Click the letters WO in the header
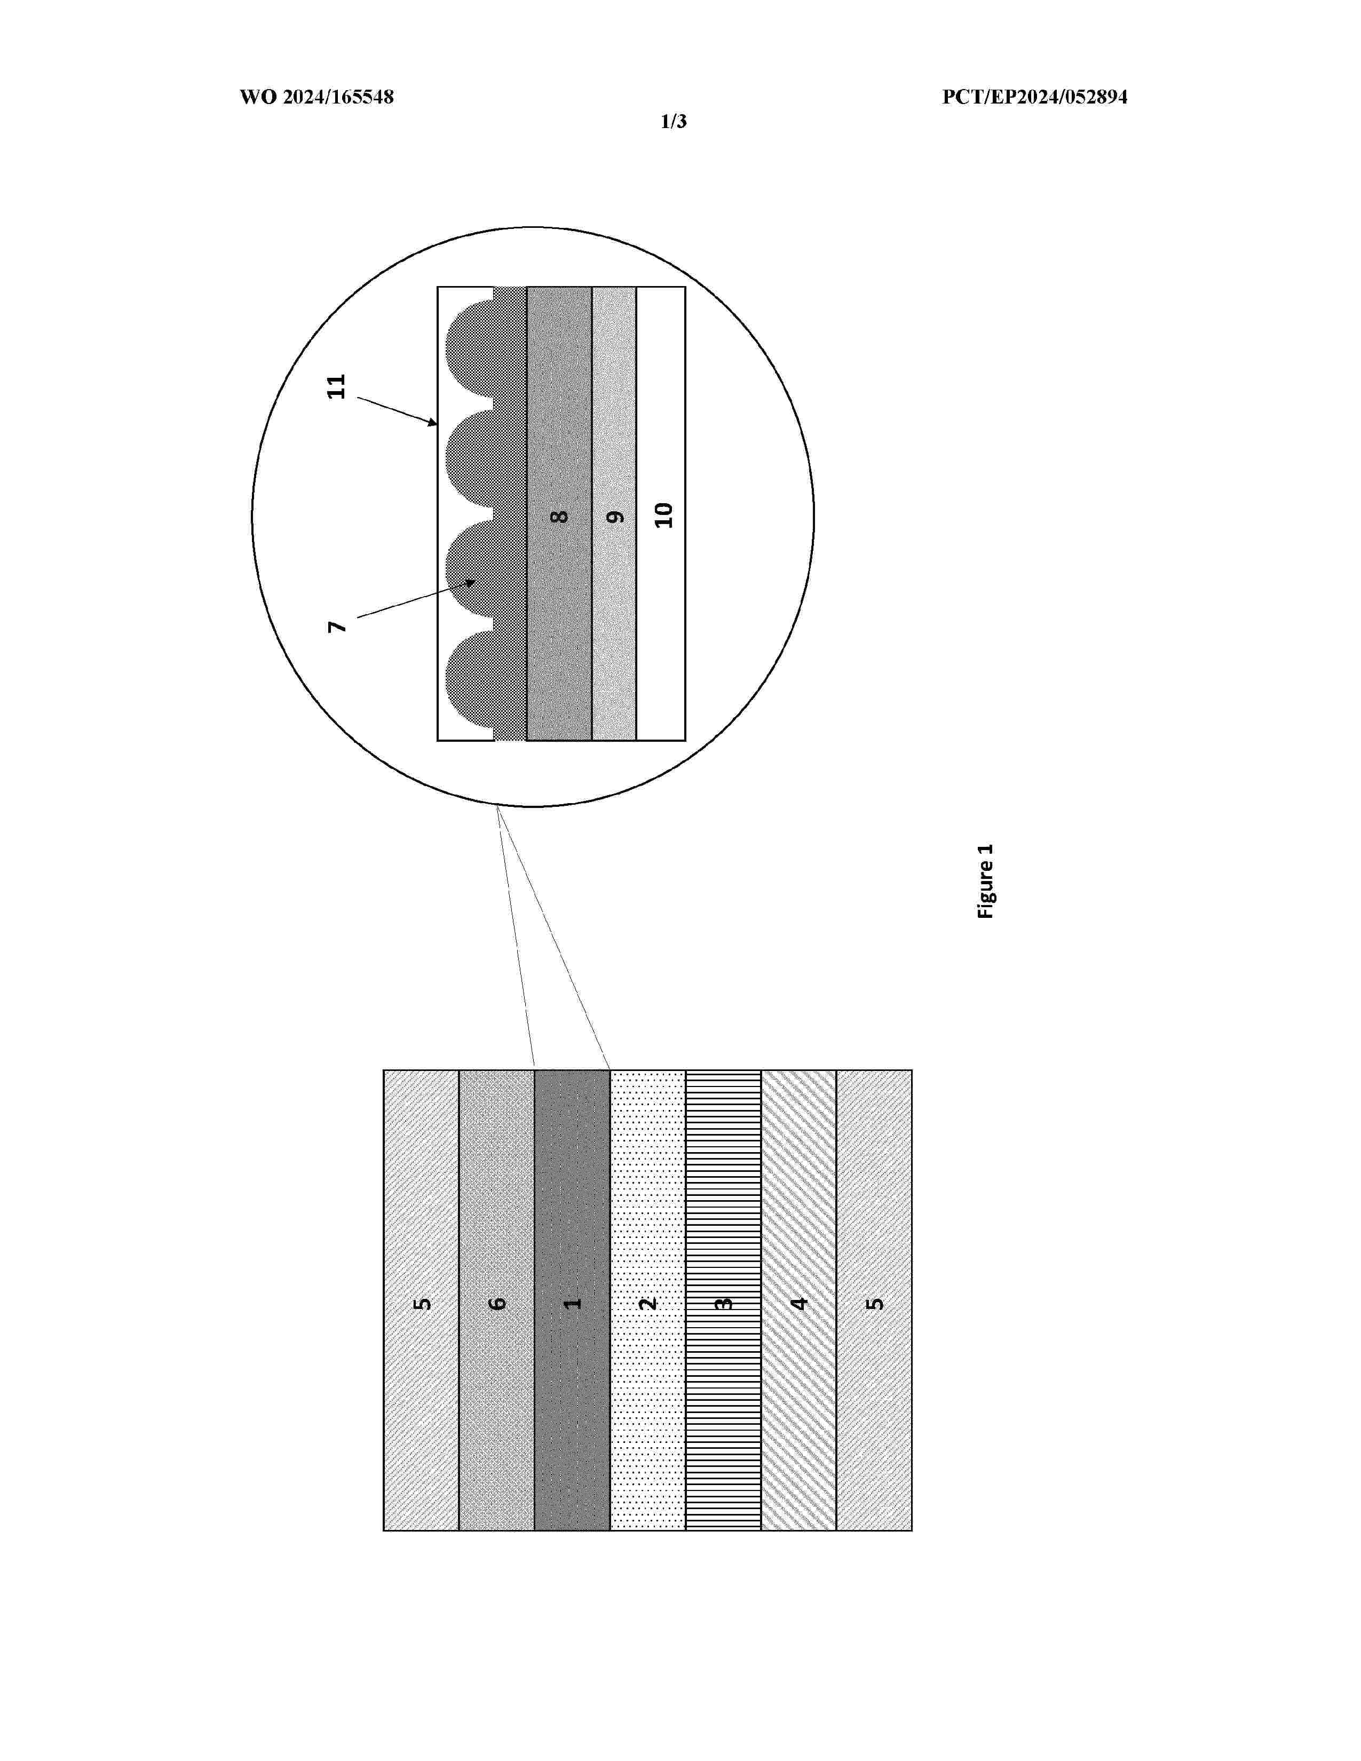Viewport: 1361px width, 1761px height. tap(258, 98)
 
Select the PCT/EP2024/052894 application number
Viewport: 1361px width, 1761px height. tap(1034, 98)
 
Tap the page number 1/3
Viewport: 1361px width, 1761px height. tap(673, 122)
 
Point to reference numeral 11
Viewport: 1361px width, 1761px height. tap(336, 386)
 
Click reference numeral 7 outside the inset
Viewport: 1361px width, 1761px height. tap(337, 626)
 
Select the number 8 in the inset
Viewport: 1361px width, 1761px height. tap(559, 516)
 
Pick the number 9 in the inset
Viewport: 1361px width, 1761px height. tap(615, 516)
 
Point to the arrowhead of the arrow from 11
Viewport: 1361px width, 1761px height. tap(434, 423)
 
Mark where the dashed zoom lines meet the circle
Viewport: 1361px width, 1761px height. tap(497, 806)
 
